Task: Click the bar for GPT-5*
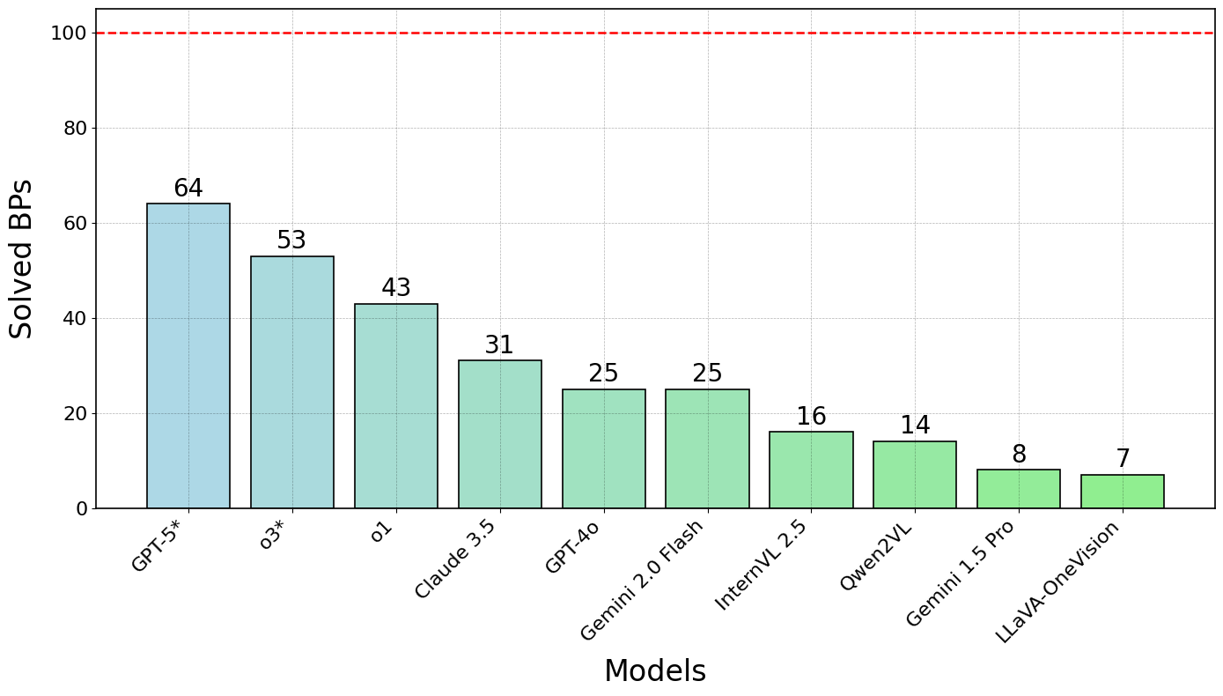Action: click(188, 356)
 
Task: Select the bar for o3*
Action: click(292, 382)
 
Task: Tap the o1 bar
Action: click(396, 406)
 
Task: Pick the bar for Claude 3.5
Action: click(500, 434)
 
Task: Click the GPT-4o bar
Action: click(604, 448)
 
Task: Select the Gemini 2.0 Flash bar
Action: click(707, 448)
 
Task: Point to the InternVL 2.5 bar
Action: click(811, 470)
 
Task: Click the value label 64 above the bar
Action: click(188, 189)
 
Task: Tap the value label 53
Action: click(292, 241)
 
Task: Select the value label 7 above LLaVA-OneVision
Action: click(1123, 459)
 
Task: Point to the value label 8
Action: click(1019, 455)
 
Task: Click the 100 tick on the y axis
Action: click(68, 33)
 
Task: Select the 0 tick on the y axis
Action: click(82, 508)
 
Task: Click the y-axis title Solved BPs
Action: click(22, 258)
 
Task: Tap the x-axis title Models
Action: click(654, 671)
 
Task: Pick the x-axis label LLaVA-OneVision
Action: click(1057, 582)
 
